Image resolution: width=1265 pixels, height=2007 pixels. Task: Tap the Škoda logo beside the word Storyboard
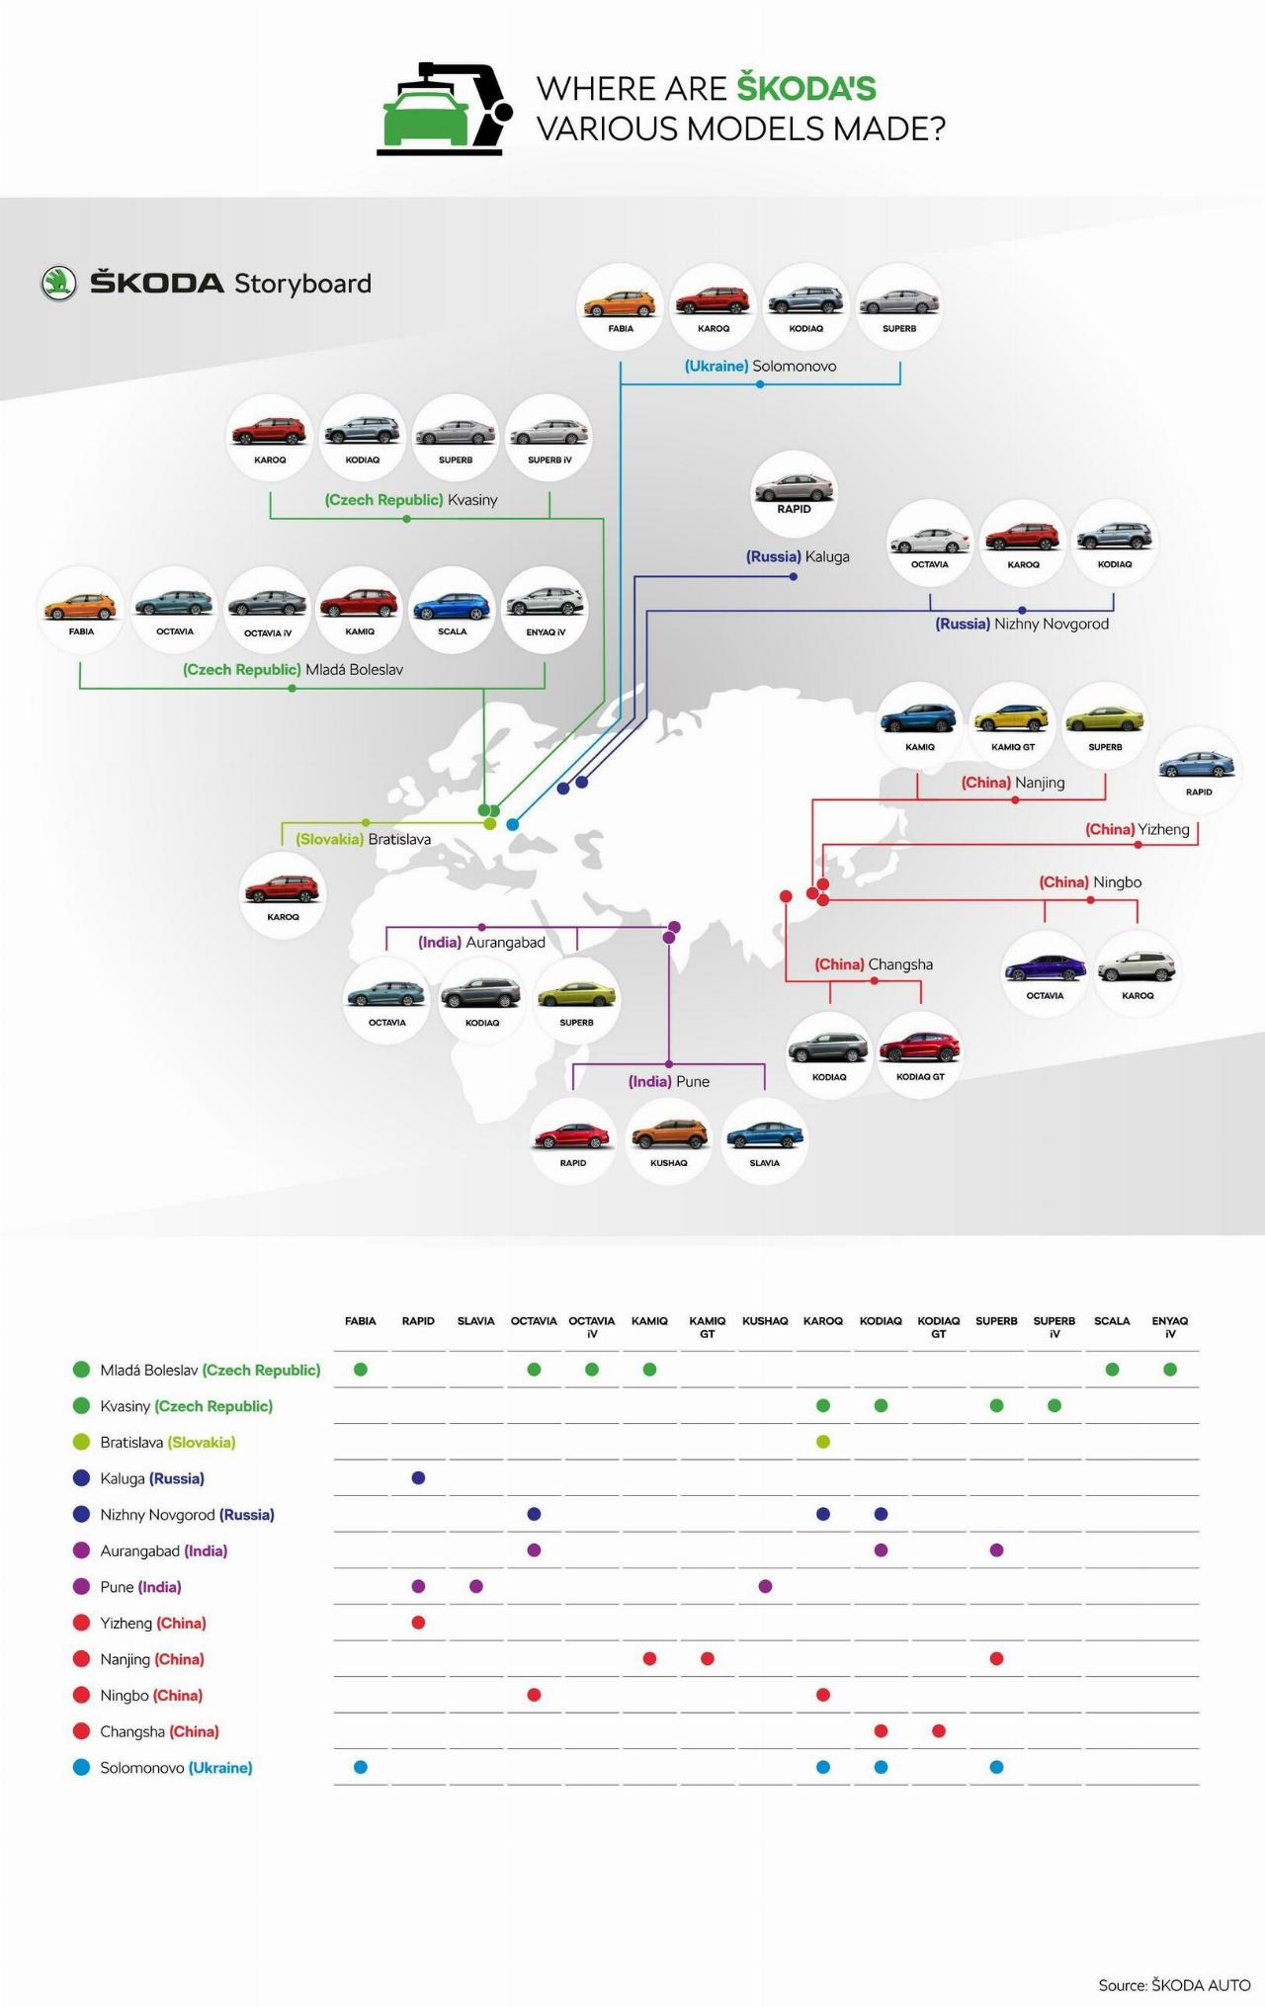coord(58,284)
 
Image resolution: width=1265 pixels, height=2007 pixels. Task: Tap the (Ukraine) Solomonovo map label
coord(760,367)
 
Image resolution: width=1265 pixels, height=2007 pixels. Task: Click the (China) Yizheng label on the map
coord(1137,829)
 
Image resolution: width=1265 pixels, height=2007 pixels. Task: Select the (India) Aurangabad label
coord(481,943)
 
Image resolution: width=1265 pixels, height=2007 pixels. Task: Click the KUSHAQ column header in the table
coord(765,1321)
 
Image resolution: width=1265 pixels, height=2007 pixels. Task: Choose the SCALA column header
coord(1112,1321)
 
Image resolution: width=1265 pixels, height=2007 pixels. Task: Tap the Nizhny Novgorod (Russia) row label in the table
coord(187,1515)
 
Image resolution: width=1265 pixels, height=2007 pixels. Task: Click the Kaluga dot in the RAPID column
coord(418,1478)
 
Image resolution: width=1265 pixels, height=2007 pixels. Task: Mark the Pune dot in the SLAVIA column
coord(476,1587)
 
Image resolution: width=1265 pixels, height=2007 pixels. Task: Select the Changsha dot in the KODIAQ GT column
coord(939,1731)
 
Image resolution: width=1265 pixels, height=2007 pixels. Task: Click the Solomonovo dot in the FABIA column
coord(361,1768)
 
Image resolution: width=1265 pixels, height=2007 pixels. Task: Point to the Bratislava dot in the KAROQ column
coord(823,1442)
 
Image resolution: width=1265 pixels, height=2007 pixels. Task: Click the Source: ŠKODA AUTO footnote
coord(1174,1985)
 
